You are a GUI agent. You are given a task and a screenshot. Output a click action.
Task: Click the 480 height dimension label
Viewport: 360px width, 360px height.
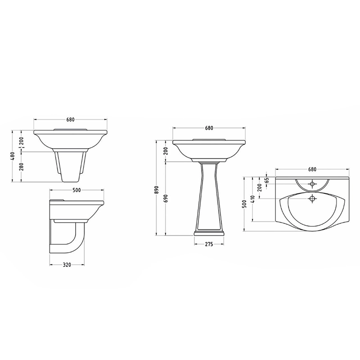[x=13, y=156]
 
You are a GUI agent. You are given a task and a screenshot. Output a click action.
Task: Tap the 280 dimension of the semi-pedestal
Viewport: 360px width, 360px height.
[x=21, y=167]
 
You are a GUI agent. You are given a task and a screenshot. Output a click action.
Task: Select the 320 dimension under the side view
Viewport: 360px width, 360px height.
[x=67, y=265]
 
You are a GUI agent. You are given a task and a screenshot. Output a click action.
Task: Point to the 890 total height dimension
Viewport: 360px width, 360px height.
[x=156, y=190]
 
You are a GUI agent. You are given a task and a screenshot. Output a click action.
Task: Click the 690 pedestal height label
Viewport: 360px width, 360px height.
[x=166, y=198]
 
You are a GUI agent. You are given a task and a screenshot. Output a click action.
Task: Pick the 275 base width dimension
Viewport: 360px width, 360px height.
[x=209, y=244]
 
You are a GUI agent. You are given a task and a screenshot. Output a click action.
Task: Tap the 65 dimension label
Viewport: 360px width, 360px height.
[x=266, y=180]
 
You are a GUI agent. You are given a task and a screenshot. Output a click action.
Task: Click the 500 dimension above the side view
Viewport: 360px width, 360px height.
[x=76, y=190]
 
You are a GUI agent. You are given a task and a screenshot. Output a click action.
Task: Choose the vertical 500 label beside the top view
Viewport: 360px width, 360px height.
[x=244, y=204]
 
